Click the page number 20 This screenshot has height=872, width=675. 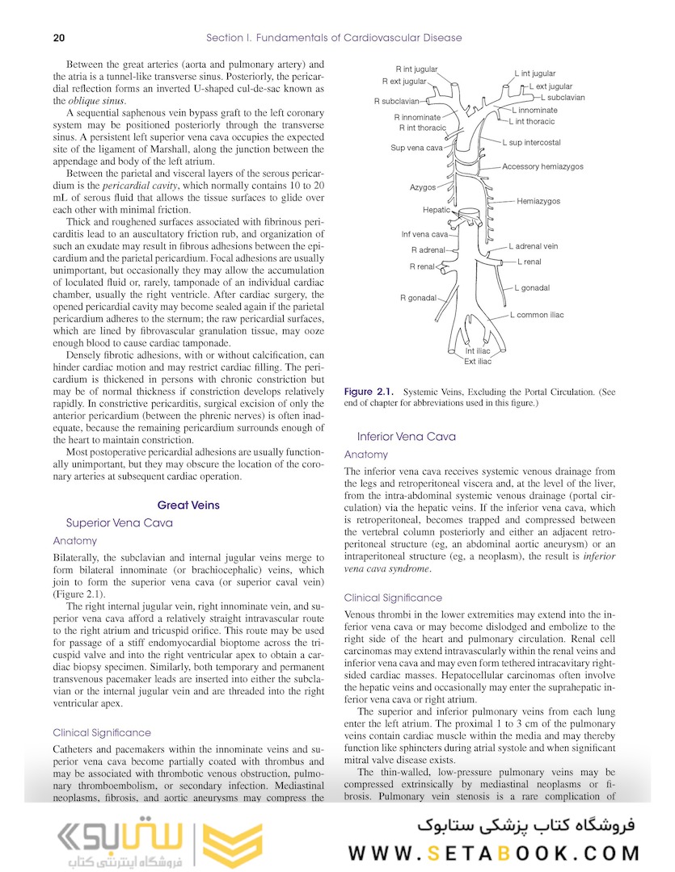pyautogui.click(x=59, y=38)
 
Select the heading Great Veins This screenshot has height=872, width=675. pyautogui.click(x=188, y=505)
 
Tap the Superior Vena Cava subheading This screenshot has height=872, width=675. pyautogui.click(x=119, y=523)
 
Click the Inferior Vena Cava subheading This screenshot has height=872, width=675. pyautogui.click(x=407, y=437)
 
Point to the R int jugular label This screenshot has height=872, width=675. pyautogui.click(x=416, y=69)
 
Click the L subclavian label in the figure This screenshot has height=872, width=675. pyautogui.click(x=563, y=97)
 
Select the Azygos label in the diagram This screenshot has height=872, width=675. pyautogui.click(x=422, y=187)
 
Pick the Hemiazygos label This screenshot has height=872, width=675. pyautogui.click(x=538, y=201)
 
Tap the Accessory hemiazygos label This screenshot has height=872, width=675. pyautogui.click(x=542, y=167)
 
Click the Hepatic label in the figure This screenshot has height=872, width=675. pyautogui.click(x=437, y=210)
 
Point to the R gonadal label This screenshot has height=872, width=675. pyautogui.click(x=418, y=298)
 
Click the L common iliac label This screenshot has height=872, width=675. pyautogui.click(x=537, y=315)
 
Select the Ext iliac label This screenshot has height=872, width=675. pyautogui.click(x=477, y=362)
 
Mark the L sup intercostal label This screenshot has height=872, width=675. pyautogui.click(x=531, y=143)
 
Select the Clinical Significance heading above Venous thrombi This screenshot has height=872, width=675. pyautogui.click(x=393, y=598)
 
